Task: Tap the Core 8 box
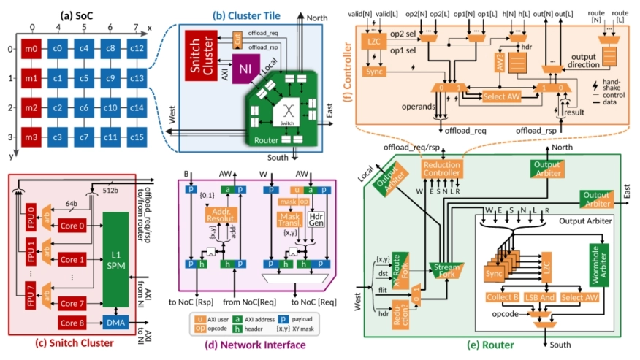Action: [72, 321]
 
